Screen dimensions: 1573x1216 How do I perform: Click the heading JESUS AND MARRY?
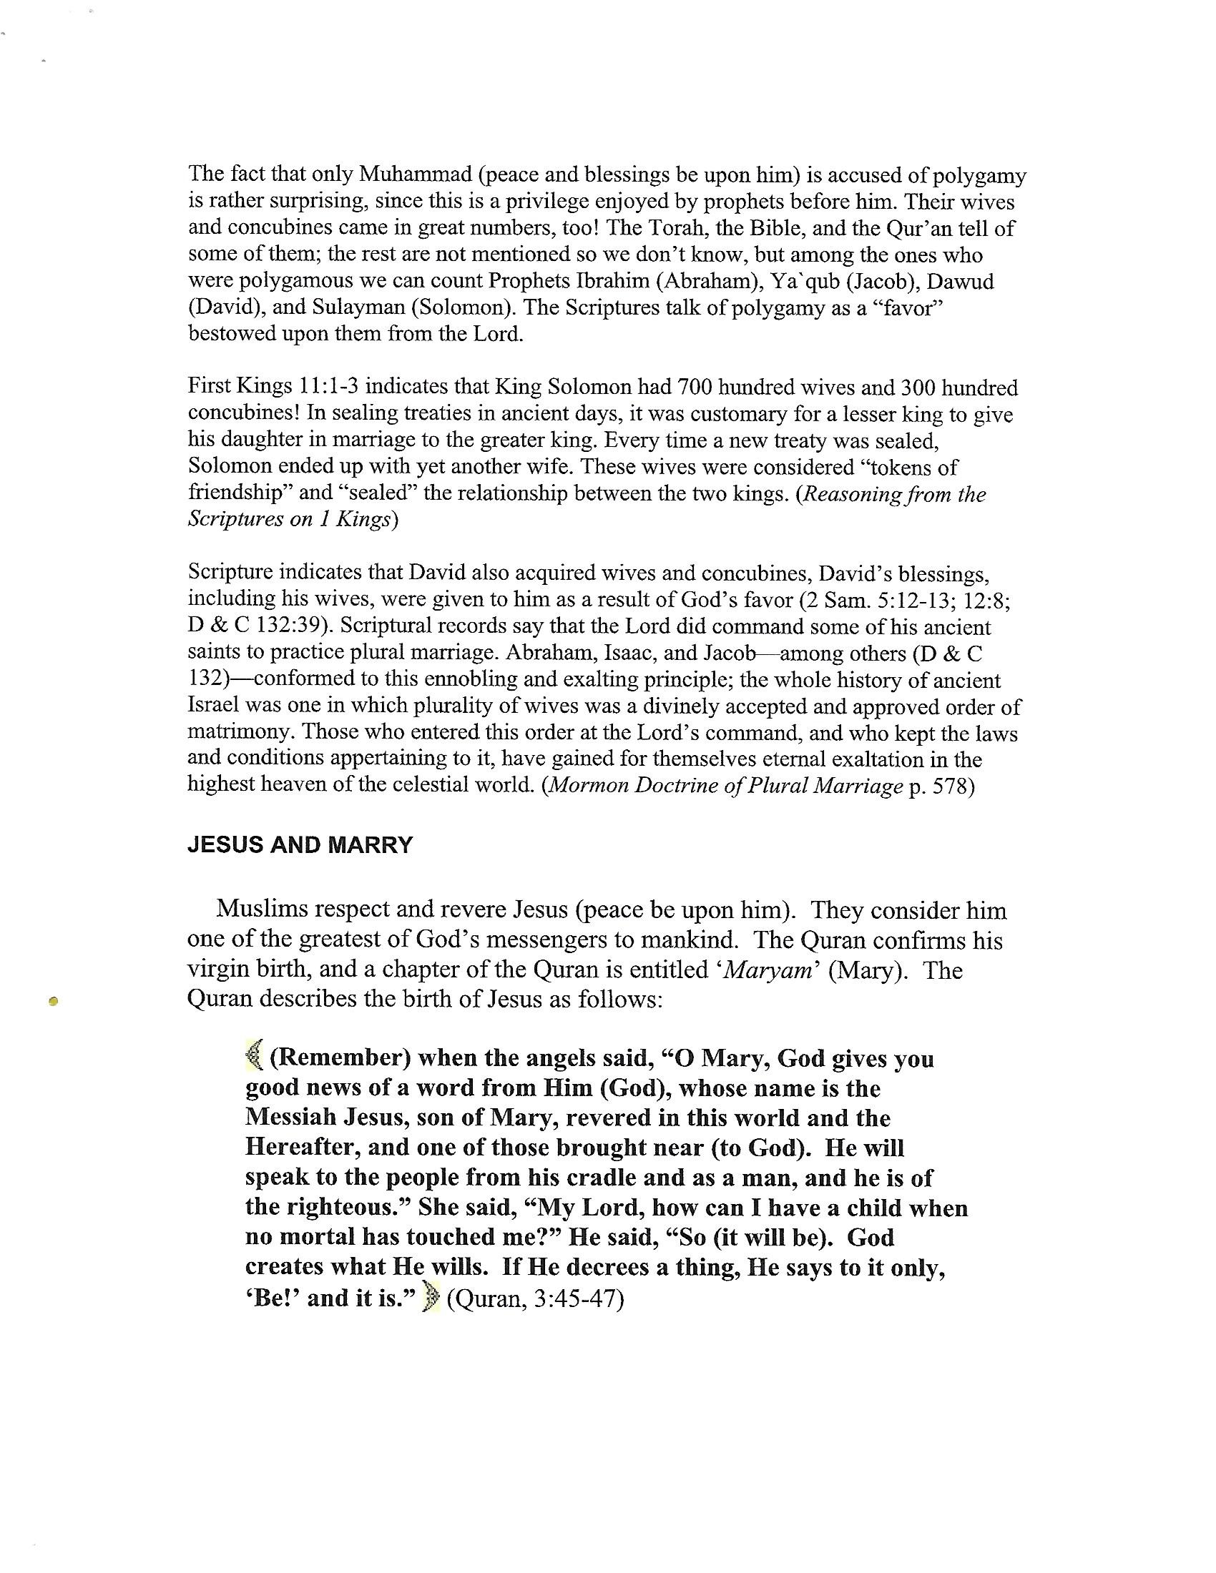(300, 845)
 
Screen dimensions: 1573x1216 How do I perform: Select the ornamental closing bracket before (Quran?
(432, 1298)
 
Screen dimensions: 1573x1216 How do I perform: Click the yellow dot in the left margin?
(53, 1000)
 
